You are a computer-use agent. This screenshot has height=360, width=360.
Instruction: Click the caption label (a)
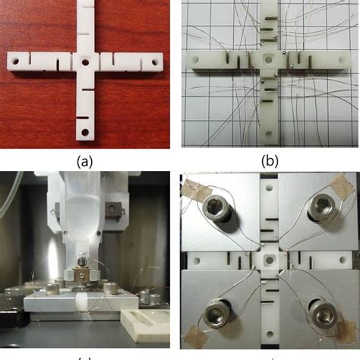(x=84, y=161)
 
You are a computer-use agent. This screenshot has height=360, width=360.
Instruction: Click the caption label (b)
(x=270, y=161)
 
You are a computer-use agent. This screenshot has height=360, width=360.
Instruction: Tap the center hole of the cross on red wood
(x=85, y=62)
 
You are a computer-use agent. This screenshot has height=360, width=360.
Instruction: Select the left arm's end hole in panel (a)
(x=16, y=62)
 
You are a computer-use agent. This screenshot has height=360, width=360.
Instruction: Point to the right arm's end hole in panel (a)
(x=154, y=62)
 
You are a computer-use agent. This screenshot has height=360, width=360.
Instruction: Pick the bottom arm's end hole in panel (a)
(x=85, y=132)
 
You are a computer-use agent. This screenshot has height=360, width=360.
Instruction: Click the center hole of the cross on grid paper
(x=268, y=60)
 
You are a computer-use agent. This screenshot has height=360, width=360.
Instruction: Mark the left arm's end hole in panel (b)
(x=196, y=60)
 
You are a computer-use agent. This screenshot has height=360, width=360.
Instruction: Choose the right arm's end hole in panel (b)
(x=343, y=60)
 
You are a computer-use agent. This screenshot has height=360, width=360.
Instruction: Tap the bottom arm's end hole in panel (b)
(x=269, y=134)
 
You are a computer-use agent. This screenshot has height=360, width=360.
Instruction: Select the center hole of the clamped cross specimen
(x=269, y=260)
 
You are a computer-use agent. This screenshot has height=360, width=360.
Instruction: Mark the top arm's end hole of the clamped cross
(x=270, y=188)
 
